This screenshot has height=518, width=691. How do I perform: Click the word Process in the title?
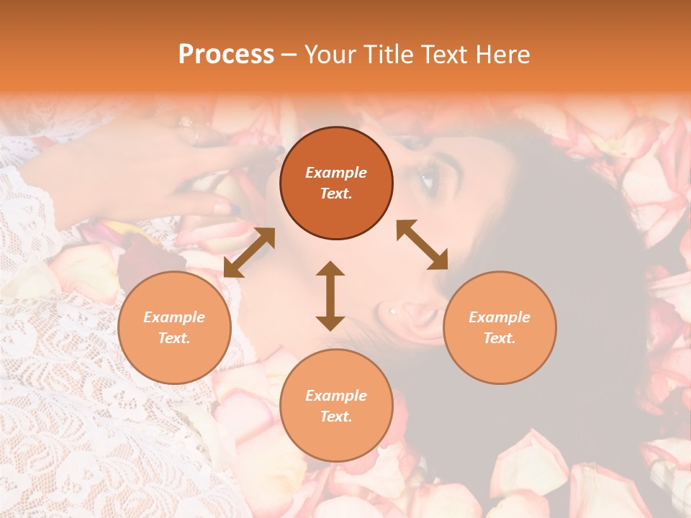coord(226,55)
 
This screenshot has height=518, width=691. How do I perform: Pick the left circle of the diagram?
coord(174,327)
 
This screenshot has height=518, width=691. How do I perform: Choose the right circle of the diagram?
coord(500,327)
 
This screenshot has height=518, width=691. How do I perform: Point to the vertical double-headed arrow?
coord(330,296)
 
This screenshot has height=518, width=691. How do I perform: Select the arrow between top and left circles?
coord(249,252)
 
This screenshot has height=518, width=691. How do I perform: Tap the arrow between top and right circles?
coord(423,245)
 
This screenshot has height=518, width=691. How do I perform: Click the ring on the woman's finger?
coord(196,134)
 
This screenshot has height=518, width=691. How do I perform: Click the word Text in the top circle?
coord(336,194)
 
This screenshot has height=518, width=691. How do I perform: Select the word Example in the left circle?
coord(174,317)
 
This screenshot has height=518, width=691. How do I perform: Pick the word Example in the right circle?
coord(500,317)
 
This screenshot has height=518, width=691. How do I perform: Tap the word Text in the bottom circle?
coord(336,417)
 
